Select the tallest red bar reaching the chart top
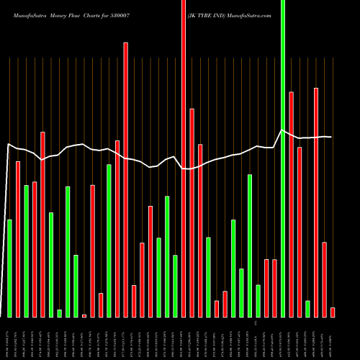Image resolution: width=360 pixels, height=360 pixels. pyautogui.click(x=184, y=158)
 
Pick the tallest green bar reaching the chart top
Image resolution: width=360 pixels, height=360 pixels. pyautogui.click(x=283, y=158)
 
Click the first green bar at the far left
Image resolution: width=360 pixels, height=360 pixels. pyautogui.click(x=9, y=268)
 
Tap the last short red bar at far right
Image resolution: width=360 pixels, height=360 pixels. pyautogui.click(x=333, y=312)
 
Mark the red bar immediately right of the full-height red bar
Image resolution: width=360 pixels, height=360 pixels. pyautogui.click(x=192, y=212)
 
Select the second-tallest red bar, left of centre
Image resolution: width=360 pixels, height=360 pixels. pyautogui.click(x=126, y=179)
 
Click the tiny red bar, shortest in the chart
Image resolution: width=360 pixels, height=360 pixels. pyautogui.click(x=84, y=315)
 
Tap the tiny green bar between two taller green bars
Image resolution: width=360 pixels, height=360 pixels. pyautogui.click(x=59, y=313)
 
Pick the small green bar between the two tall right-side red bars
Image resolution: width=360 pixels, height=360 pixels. pyautogui.click(x=307, y=309)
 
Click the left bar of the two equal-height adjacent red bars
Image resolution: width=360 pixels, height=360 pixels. pyautogui.click(x=266, y=288)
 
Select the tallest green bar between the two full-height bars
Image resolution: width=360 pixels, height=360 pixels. pyautogui.click(x=250, y=245)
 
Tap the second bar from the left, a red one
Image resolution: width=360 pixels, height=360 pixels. pyautogui.click(x=18, y=239)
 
